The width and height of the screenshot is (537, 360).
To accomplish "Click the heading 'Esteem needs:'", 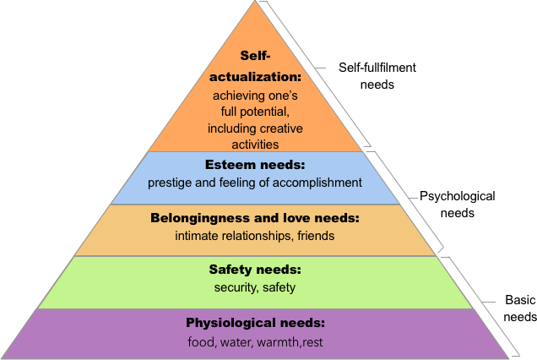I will pyautogui.click(x=254, y=165).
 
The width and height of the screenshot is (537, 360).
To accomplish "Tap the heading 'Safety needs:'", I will pyautogui.click(x=254, y=270).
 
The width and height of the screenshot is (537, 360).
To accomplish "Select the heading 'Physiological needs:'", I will pyautogui.click(x=255, y=324).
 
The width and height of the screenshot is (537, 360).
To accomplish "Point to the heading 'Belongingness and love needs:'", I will pyautogui.click(x=254, y=218).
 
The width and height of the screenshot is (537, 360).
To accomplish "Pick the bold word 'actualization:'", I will pyautogui.click(x=254, y=76).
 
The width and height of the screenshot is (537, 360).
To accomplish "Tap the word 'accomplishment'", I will pyautogui.click(x=321, y=183).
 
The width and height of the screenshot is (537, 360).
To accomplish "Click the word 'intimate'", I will pyautogui.click(x=197, y=236).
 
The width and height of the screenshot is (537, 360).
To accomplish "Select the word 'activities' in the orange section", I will pyautogui.click(x=254, y=145).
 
